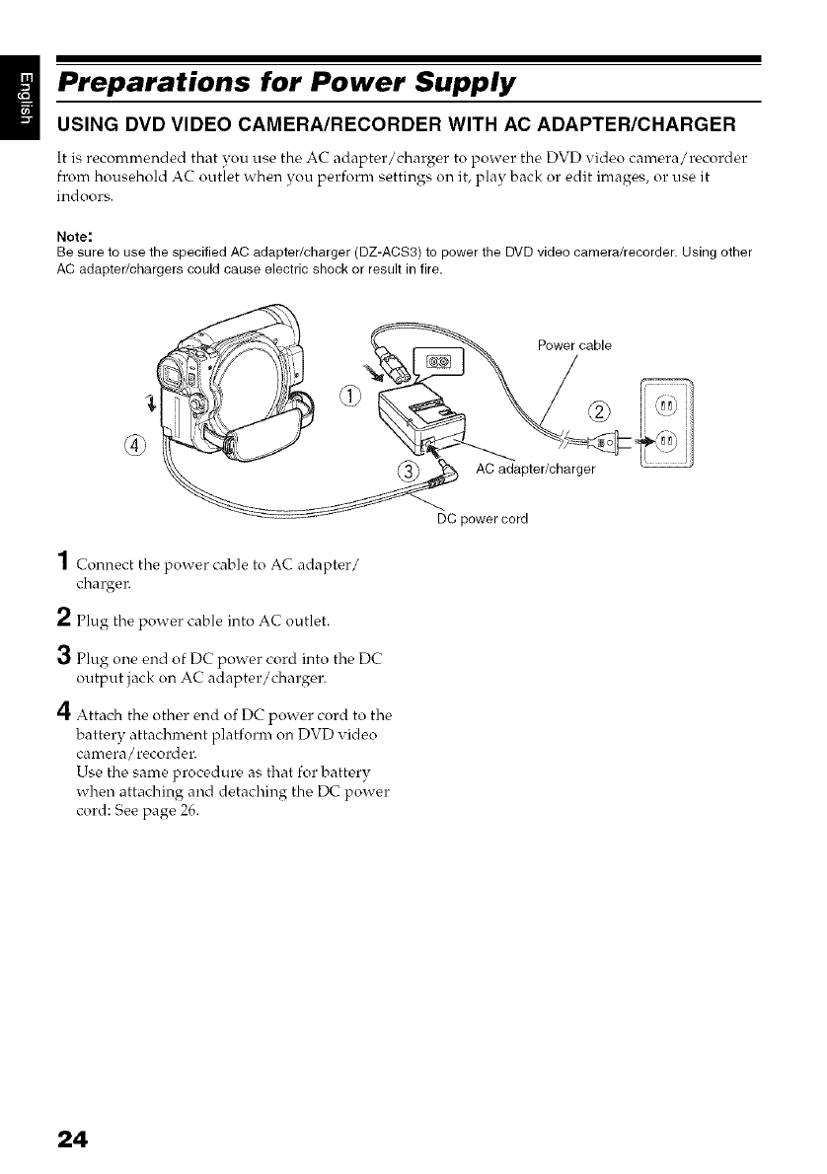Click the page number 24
click(x=72, y=1138)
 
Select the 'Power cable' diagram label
click(x=574, y=345)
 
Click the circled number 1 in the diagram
click(x=350, y=397)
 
